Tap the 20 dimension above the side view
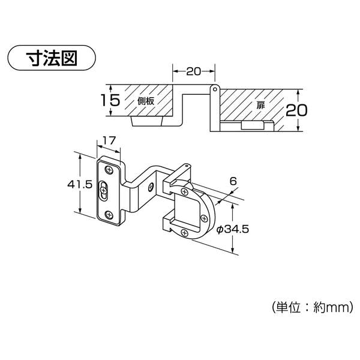193,71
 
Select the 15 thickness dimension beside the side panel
110,101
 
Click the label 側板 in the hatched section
146,101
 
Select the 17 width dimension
109,141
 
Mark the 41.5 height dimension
80,185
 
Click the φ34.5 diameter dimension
232,229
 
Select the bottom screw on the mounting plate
109,214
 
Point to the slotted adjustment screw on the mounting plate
105,190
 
